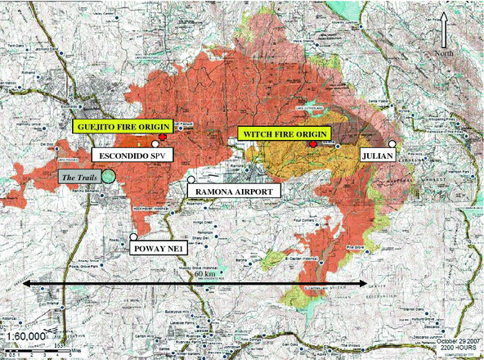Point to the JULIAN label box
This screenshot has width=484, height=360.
pos(377,154)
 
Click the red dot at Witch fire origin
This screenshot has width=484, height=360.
pos(314,144)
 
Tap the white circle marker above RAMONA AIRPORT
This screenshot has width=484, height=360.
pos(190,180)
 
